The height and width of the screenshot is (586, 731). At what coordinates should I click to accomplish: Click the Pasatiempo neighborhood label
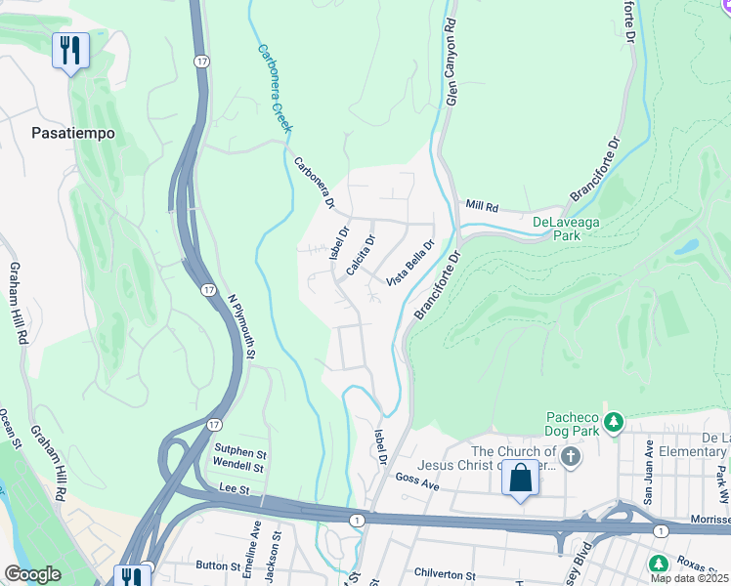point(73,133)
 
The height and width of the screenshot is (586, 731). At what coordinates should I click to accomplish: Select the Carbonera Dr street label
point(313,183)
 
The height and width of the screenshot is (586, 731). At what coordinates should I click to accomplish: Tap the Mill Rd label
point(483,207)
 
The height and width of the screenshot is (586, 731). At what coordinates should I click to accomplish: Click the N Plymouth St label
point(240,327)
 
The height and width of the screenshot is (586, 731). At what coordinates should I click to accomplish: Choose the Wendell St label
point(240,467)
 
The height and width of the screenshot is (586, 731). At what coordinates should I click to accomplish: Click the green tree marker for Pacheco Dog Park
point(613,423)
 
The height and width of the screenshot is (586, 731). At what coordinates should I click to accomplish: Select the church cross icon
point(572,456)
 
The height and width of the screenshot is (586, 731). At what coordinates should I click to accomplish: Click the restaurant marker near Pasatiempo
point(70,51)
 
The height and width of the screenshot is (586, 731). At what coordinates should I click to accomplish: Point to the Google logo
point(32,575)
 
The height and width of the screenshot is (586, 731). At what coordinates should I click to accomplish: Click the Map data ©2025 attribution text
point(689,578)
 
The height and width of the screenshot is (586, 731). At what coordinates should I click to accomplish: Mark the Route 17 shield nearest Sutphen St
point(212,425)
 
